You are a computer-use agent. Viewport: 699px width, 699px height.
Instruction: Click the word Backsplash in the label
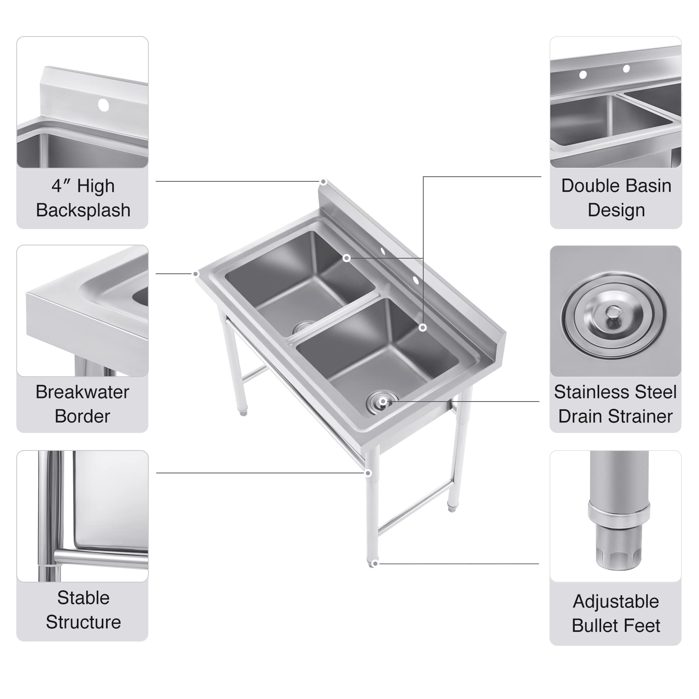tap(83, 210)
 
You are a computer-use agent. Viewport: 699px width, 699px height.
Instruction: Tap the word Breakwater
tap(82, 392)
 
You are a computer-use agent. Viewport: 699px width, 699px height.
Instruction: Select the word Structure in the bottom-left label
tap(83, 622)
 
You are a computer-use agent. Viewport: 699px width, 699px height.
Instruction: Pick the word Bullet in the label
tap(594, 626)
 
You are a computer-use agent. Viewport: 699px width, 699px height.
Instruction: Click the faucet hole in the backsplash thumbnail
tap(103, 105)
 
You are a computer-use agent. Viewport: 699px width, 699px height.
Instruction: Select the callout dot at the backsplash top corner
tap(323, 182)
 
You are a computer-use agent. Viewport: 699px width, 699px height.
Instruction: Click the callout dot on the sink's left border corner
tap(196, 274)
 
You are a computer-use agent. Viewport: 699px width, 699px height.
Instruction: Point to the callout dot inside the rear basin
tap(346, 258)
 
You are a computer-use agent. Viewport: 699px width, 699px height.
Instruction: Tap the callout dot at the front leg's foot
tap(374, 563)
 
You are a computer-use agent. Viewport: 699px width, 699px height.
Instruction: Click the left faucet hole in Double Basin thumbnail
tap(582, 75)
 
